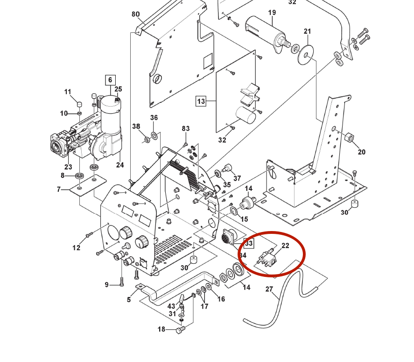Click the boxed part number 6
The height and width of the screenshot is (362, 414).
[110, 80]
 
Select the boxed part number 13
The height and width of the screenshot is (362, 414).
[201, 101]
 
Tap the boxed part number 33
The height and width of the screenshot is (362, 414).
[249, 243]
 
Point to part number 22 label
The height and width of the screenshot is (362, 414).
[286, 246]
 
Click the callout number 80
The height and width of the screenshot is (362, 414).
[135, 14]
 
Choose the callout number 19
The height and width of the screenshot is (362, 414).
[272, 12]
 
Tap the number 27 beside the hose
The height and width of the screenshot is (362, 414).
[269, 290]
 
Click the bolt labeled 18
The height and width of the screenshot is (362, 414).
[181, 330]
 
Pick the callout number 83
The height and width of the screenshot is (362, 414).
[186, 129]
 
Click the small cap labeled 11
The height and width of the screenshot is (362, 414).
[79, 103]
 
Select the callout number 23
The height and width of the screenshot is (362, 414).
[68, 167]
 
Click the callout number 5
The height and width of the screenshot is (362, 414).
[129, 300]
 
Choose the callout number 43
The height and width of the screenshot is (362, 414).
[171, 306]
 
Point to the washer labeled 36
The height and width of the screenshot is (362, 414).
[154, 136]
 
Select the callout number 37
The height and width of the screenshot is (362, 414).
[237, 178]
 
